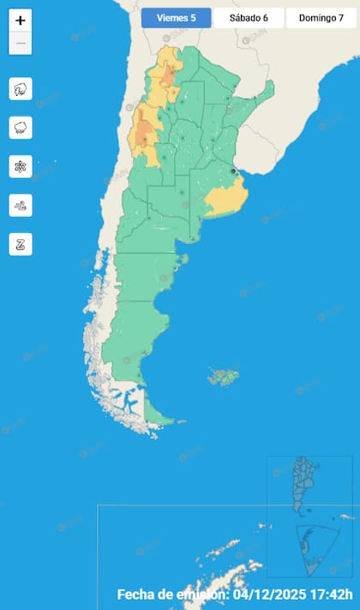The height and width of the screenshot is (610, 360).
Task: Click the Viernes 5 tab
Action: point(175,18)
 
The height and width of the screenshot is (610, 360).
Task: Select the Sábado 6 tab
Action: point(249,18)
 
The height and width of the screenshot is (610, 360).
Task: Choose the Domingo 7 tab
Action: point(321,18)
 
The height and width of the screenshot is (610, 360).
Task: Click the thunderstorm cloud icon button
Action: point(21,88)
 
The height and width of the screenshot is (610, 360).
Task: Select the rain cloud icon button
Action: point(21,128)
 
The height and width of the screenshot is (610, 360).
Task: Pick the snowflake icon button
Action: point(21,166)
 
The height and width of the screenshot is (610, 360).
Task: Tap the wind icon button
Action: point(21,205)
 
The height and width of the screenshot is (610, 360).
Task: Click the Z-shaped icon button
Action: point(21,243)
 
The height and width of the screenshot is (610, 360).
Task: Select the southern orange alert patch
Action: point(144,133)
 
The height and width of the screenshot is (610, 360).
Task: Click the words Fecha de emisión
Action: point(171,595)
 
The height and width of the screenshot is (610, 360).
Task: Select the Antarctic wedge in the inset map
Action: point(310,545)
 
